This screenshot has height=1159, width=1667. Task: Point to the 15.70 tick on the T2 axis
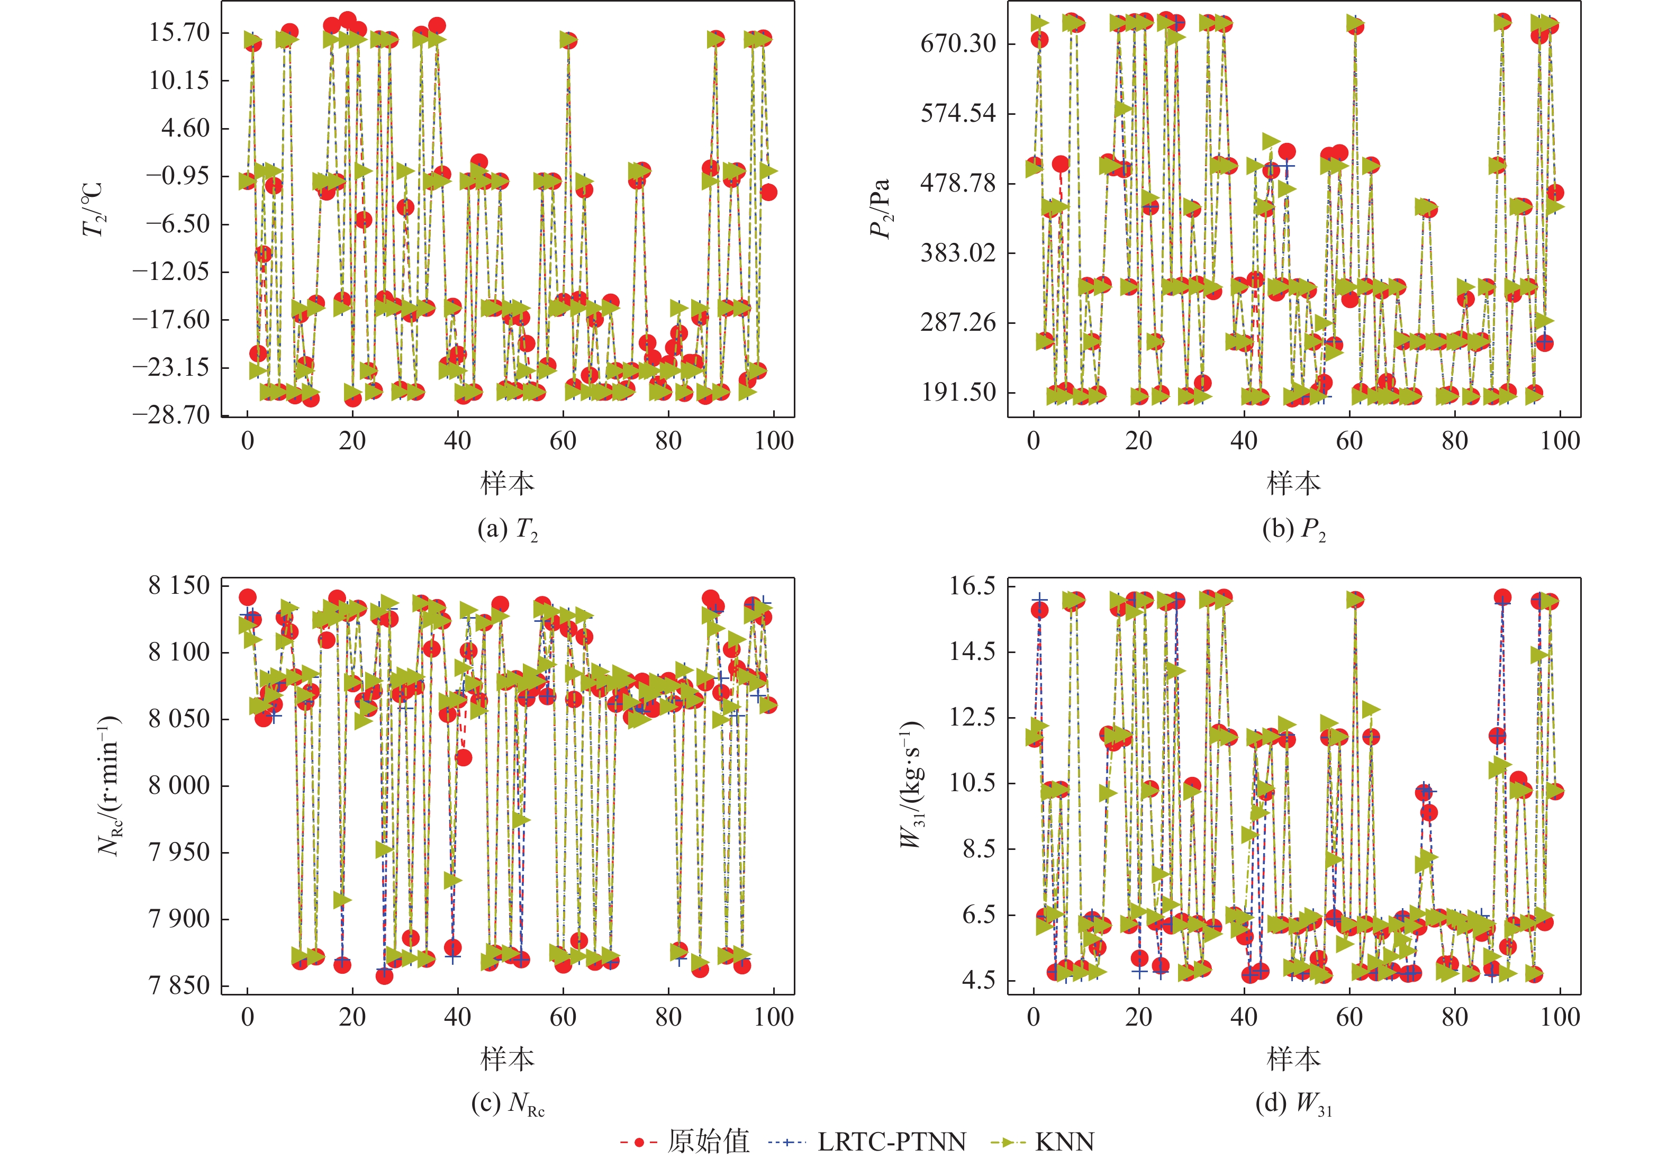[179, 32]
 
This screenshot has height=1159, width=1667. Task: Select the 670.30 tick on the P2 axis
[958, 43]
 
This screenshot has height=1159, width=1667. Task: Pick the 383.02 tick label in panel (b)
[958, 253]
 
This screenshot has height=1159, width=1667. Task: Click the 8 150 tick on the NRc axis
[179, 585]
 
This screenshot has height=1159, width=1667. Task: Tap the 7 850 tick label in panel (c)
[179, 986]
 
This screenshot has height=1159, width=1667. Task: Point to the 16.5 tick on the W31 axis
[973, 585]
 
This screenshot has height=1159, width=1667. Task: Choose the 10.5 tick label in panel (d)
[973, 783]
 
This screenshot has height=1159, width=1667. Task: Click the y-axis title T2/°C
[93, 209]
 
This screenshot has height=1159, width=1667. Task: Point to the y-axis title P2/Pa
[880, 209]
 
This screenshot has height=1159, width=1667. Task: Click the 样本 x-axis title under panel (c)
[507, 1059]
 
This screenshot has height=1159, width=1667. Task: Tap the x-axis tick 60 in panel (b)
[1349, 441]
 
